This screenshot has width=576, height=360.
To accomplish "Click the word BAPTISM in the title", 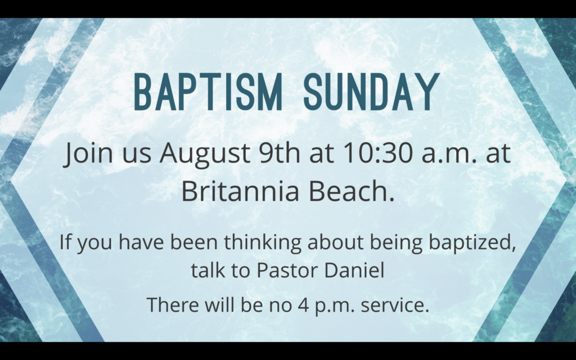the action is pyautogui.click(x=208, y=92).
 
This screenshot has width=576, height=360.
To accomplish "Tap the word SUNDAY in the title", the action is pyautogui.click(x=371, y=92).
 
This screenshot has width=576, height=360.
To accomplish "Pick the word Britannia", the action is pyautogui.click(x=240, y=191).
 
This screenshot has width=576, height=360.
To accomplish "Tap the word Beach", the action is pyautogui.click(x=352, y=191).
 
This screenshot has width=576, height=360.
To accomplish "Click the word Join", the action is pyautogui.click(x=88, y=154).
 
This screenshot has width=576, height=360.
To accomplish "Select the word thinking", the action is pyautogui.click(x=263, y=243).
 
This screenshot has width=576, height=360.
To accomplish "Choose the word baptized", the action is pyautogui.click(x=472, y=243).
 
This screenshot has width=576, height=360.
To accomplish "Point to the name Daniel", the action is pyautogui.click(x=354, y=270).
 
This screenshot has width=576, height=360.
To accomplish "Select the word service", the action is pyautogui.click(x=395, y=305).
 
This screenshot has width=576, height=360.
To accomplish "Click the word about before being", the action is pyautogui.click(x=335, y=242).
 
